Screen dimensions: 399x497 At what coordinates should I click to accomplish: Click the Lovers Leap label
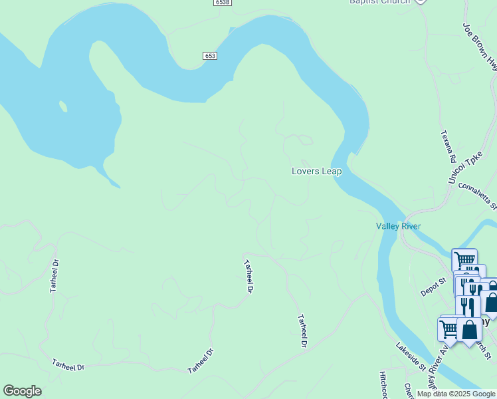click(x=316, y=172)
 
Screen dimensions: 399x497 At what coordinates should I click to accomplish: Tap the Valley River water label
click(x=398, y=226)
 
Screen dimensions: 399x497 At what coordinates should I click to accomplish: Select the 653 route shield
click(x=211, y=57)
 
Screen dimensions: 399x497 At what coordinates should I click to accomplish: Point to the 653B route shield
click(x=223, y=3)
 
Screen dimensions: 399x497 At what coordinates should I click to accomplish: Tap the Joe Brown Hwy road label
click(x=480, y=45)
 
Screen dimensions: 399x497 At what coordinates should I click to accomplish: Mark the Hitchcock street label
click(x=383, y=384)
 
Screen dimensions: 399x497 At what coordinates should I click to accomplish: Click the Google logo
click(x=22, y=391)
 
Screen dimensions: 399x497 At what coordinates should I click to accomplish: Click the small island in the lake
click(x=63, y=106)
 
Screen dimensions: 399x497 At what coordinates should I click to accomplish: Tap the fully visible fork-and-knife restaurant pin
click(x=468, y=305)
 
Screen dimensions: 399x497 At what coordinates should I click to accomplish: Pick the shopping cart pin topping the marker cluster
click(x=464, y=259)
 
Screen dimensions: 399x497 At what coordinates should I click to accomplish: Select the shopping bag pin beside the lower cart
click(x=469, y=330)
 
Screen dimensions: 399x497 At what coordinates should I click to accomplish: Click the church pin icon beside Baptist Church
click(x=420, y=1)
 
